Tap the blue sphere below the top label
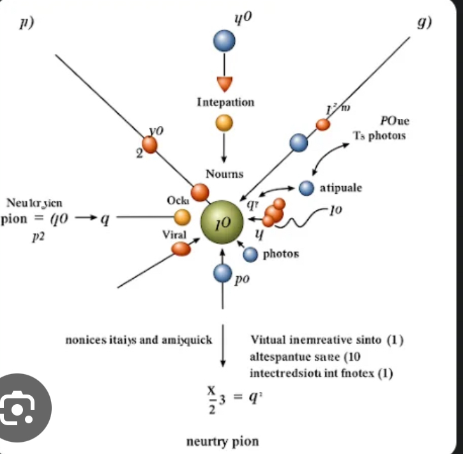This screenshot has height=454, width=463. tap(224, 42)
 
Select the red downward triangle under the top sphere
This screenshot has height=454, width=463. tap(225, 84)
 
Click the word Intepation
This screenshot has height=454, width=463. tap(225, 102)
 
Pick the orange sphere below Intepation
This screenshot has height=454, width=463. tap(224, 122)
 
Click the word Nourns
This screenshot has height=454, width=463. tap(224, 174)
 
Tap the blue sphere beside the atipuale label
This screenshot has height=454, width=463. tap(307, 187)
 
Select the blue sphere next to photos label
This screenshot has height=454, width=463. tap(250, 254)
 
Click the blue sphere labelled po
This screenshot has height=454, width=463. tap(222, 274)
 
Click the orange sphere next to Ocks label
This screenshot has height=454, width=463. tap(183, 217)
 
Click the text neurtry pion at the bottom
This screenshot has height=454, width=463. tap(222, 441)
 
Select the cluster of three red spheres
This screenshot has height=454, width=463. tap(275, 212)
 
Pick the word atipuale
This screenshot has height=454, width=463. tap(341, 188)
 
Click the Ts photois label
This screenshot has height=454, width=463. tap(379, 136)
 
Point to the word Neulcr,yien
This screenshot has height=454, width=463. tap(35, 203)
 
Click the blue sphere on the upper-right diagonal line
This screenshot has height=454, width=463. tap(298, 142)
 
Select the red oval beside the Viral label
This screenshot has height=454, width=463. tap(181, 249)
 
